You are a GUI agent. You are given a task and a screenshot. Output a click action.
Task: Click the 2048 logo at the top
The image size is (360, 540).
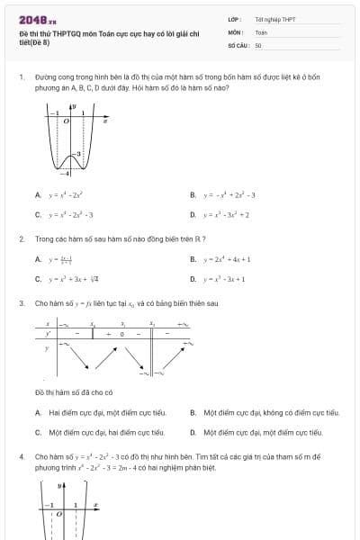point(37,18)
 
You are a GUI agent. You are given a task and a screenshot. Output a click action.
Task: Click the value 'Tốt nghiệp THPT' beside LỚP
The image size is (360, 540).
point(274,18)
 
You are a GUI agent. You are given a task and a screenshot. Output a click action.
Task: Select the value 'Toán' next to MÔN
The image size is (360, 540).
point(261,31)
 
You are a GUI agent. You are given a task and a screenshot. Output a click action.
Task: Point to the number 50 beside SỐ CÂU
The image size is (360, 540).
point(258,44)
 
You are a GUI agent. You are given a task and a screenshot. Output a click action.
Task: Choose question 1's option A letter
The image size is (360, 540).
point(38,194)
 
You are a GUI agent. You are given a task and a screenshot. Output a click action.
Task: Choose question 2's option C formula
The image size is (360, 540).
point(75,279)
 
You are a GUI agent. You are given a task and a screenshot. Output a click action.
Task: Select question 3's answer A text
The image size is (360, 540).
point(107,412)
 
